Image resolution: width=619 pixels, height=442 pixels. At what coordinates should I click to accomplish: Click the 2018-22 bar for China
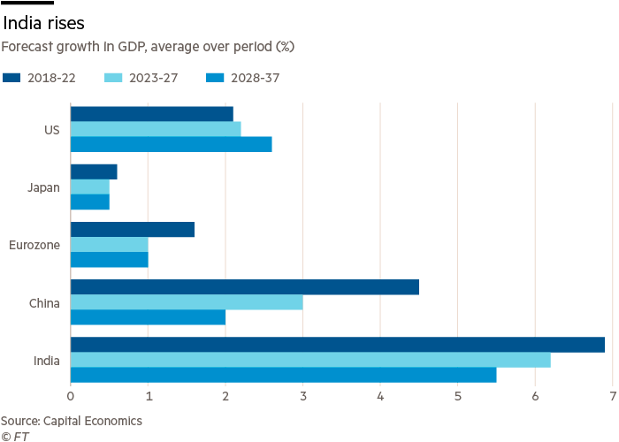(244, 287)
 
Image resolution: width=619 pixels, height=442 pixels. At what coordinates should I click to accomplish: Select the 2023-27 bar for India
(309, 360)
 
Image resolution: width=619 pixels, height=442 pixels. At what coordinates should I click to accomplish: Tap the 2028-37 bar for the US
(171, 144)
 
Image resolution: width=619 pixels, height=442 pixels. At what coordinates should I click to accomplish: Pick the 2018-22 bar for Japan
(94, 171)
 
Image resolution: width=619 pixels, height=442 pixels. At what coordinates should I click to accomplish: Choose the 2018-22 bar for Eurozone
(132, 230)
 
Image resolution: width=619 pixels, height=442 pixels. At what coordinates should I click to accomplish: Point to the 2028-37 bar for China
(148, 317)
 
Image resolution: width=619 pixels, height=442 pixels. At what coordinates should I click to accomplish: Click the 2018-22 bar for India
(337, 345)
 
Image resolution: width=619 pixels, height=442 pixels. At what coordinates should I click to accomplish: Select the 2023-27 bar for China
(187, 302)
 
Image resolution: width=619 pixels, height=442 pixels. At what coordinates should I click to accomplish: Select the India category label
(46, 361)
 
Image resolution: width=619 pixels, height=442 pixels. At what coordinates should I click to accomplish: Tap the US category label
(51, 129)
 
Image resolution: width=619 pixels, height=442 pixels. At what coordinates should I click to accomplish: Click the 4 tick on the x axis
(380, 394)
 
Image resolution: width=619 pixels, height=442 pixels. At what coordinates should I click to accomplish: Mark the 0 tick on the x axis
(71, 394)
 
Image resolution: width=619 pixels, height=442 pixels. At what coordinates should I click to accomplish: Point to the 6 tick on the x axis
(535, 394)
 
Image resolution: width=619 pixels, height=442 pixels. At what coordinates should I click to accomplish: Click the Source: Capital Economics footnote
(71, 421)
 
